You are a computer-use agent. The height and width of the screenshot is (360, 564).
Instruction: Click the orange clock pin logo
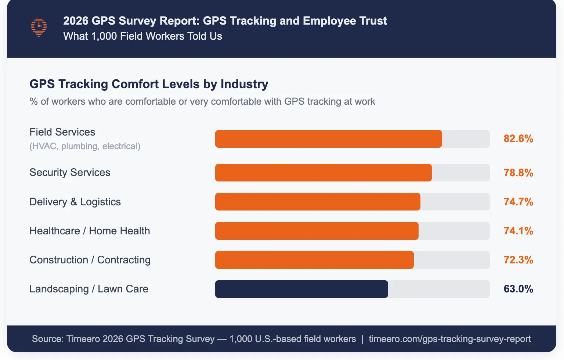(x=39, y=28)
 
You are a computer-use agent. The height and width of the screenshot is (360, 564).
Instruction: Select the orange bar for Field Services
(x=328, y=139)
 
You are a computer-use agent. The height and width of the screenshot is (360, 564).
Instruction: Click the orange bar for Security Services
(x=323, y=173)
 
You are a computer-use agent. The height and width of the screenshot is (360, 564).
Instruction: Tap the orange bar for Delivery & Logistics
(x=318, y=202)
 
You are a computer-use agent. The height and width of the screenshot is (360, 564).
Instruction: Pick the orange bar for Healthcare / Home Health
(x=317, y=231)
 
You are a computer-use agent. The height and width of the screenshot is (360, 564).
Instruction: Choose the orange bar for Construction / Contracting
(x=314, y=260)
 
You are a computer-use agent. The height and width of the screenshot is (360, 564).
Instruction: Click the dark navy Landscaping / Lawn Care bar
(x=301, y=289)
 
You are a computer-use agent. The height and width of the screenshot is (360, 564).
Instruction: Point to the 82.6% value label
(x=518, y=139)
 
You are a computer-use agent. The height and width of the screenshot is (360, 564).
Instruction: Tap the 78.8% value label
(x=518, y=173)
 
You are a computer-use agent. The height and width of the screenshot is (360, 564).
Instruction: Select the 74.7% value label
(x=518, y=202)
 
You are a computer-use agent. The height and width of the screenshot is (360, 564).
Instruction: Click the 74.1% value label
(x=518, y=231)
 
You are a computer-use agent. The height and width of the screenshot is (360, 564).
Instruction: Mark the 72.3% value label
(x=518, y=260)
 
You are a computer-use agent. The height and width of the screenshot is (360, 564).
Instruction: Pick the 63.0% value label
(x=518, y=289)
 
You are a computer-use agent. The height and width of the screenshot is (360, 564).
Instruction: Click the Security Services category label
(x=70, y=173)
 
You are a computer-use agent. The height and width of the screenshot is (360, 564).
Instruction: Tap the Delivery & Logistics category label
(x=75, y=202)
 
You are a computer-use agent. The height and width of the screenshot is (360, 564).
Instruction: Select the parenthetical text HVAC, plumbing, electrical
(x=85, y=146)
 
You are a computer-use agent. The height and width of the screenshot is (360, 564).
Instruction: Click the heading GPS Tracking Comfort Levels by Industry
(x=149, y=84)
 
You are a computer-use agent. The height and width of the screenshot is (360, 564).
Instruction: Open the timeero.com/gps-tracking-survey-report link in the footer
(x=450, y=339)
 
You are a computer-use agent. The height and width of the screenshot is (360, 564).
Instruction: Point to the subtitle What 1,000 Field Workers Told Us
(x=142, y=36)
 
